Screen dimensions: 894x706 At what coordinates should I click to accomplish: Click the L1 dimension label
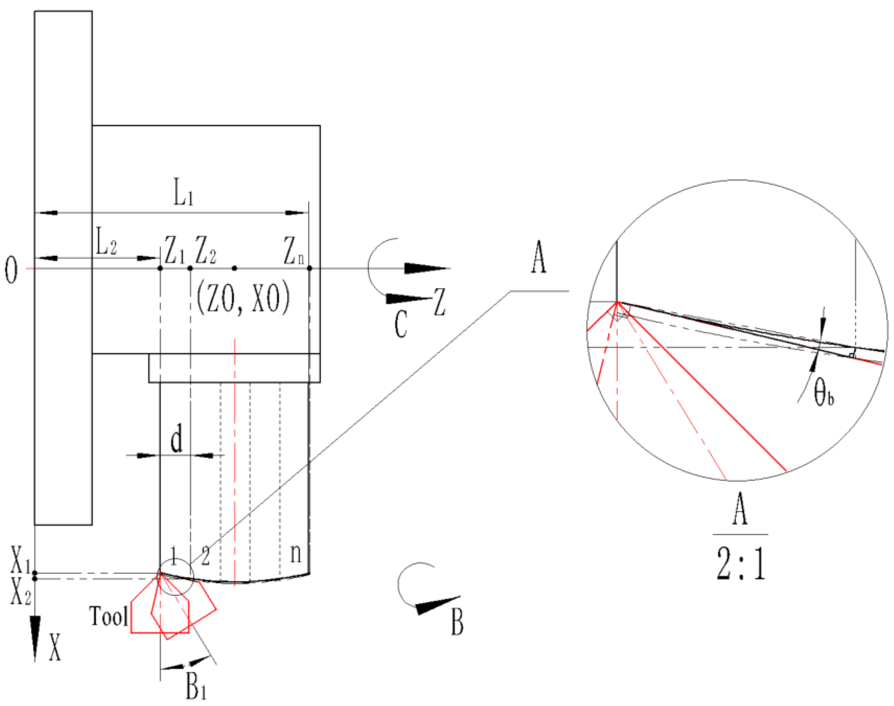[183, 192]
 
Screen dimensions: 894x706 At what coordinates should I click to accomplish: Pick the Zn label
[294, 250]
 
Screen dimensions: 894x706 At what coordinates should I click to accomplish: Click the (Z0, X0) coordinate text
[243, 298]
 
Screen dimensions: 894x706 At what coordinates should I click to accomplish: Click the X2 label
[21, 592]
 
